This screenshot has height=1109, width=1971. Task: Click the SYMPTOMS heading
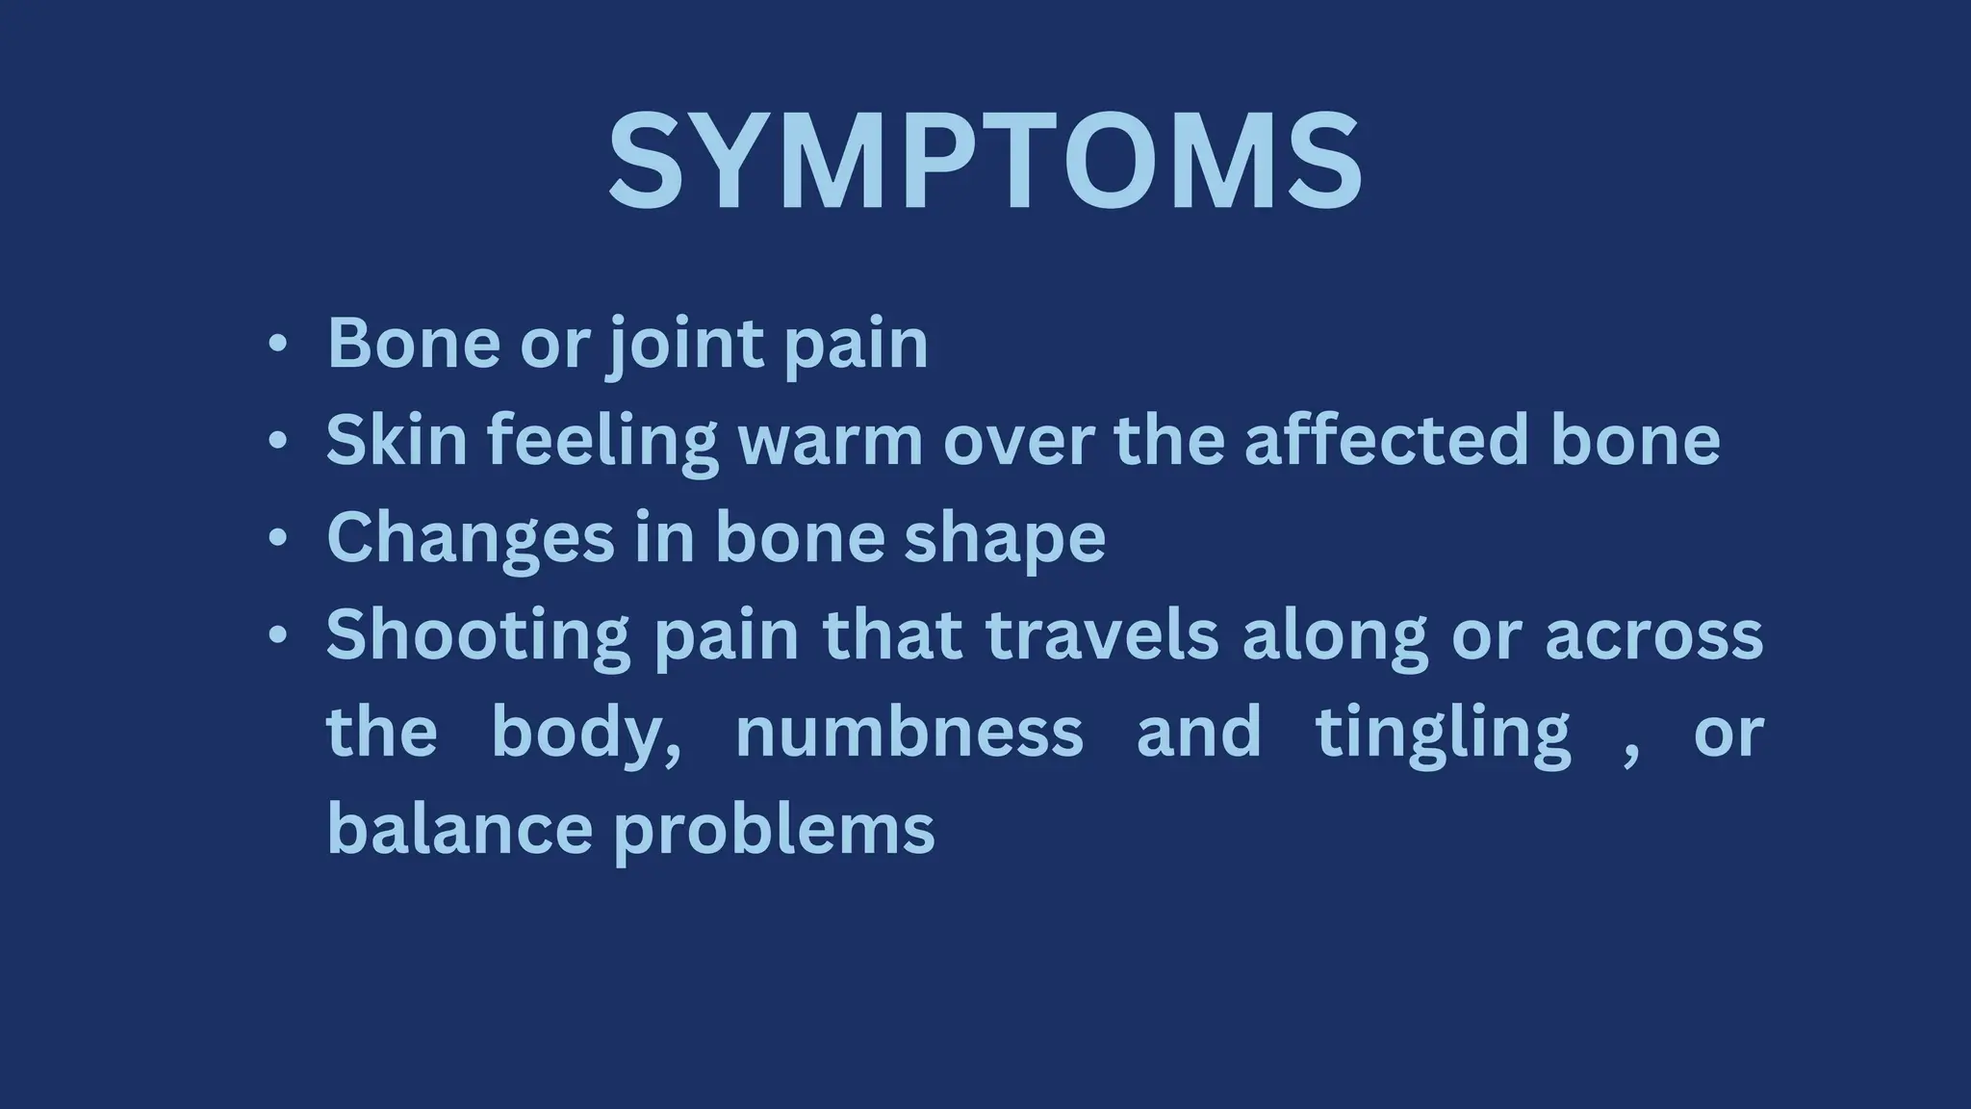tap(985, 161)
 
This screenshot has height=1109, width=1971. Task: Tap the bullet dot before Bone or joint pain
tap(277, 344)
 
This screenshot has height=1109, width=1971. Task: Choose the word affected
tap(1386, 440)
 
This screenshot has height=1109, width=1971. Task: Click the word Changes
tap(470, 538)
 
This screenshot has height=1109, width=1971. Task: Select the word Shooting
tap(478, 635)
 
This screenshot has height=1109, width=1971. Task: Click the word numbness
tap(909, 733)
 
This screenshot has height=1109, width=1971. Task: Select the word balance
tap(459, 829)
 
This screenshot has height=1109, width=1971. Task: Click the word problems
tap(775, 831)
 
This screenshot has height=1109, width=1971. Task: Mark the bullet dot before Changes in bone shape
tap(277, 538)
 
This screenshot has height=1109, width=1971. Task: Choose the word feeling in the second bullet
tap(602, 442)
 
